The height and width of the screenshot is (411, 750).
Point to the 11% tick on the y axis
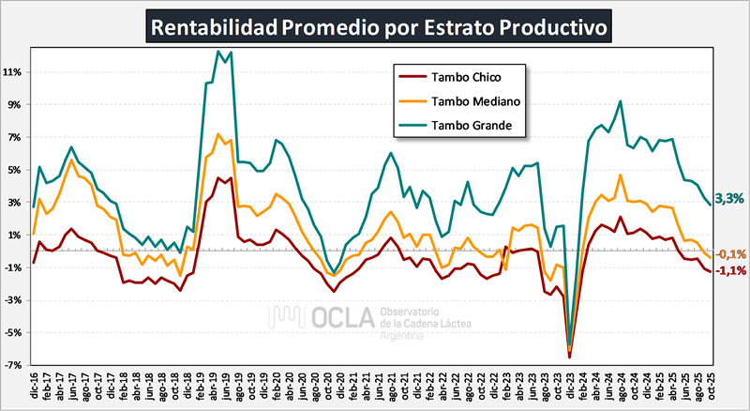coord(13,72)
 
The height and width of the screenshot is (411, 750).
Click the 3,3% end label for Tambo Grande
coord(729,198)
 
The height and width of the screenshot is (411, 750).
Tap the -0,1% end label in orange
coord(730,253)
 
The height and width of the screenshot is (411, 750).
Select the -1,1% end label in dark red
coord(730,270)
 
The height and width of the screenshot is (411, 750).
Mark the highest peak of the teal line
coord(218,51)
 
